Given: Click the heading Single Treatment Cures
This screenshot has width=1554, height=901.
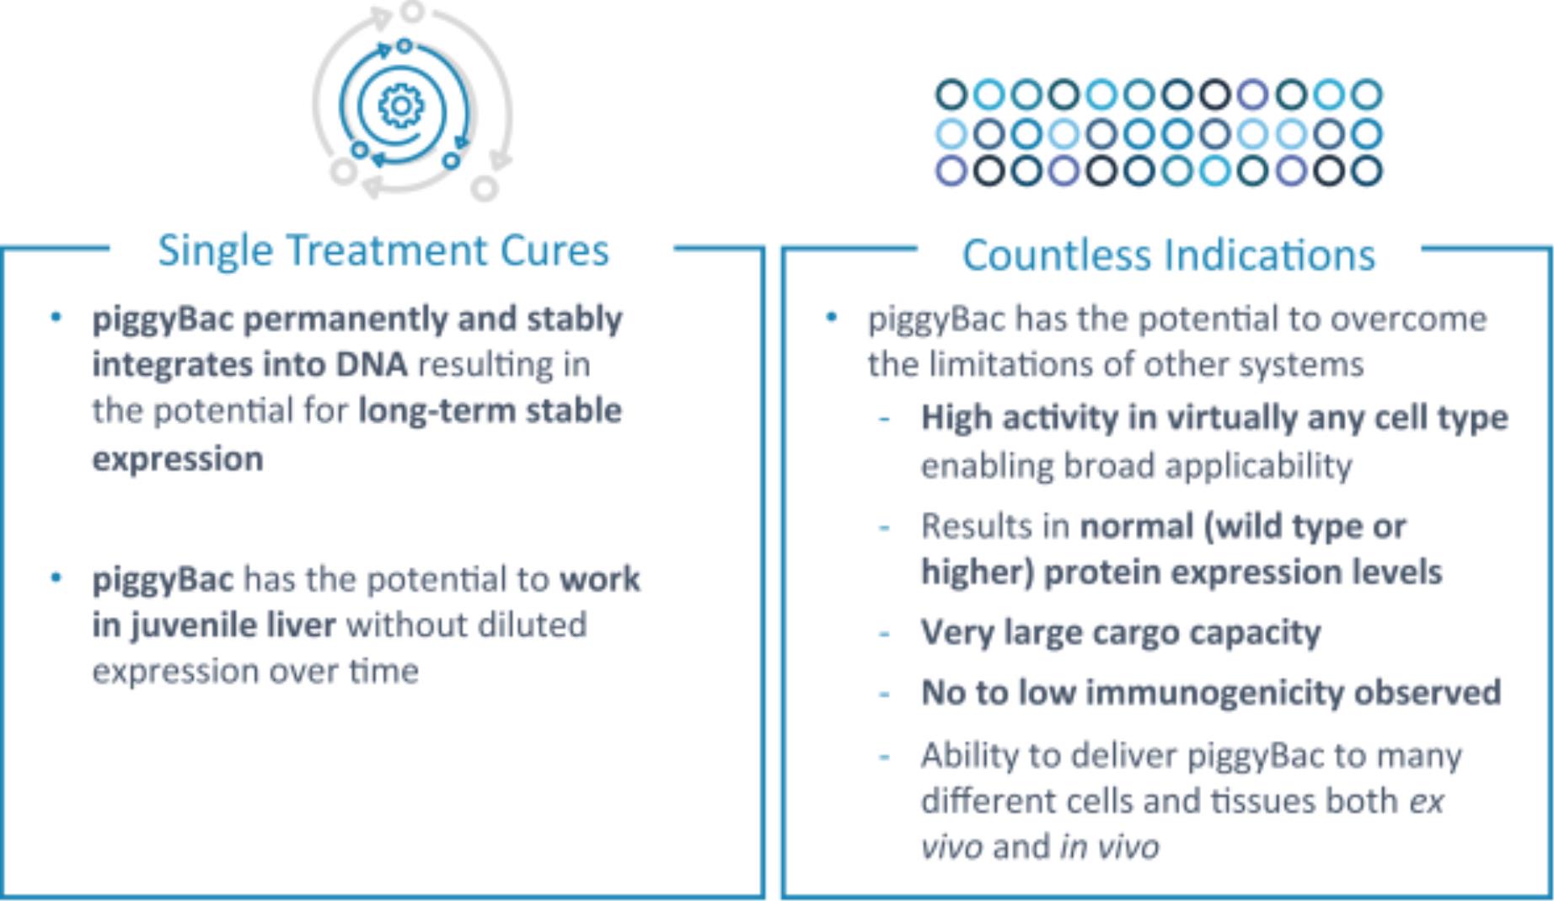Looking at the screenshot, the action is click(383, 251).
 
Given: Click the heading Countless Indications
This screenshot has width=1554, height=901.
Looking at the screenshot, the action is click(1169, 255).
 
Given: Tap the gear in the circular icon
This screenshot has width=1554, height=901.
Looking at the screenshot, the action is click(401, 106).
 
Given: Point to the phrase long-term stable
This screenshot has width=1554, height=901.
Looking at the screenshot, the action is click(490, 411).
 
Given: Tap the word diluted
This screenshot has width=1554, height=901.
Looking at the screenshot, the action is click(532, 625).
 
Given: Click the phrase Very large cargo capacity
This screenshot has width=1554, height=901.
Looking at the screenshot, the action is click(1121, 633).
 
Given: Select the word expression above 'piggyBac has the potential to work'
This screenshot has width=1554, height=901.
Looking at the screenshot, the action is click(178, 459).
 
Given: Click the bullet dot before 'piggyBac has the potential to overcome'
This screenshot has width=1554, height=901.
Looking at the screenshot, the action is click(832, 318).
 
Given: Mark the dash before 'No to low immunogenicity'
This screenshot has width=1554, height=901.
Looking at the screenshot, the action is click(885, 695).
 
